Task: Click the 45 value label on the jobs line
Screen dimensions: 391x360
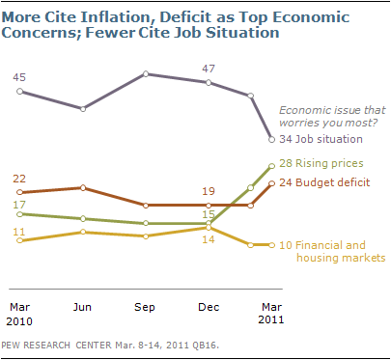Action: (19, 77)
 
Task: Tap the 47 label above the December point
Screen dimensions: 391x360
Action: (209, 69)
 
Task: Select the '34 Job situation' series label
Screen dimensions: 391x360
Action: (321, 139)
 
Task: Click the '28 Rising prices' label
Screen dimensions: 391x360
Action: (321, 163)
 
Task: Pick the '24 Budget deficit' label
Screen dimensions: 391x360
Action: (324, 182)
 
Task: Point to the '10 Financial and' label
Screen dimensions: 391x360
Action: (322, 245)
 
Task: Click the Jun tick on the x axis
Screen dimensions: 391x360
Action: (82, 307)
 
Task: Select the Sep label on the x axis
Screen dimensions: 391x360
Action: (145, 308)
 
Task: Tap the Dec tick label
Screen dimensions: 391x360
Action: (209, 307)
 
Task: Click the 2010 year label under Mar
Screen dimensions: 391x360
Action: (19, 321)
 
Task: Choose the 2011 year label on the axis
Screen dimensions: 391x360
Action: (271, 319)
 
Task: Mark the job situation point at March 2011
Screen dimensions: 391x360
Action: (272, 139)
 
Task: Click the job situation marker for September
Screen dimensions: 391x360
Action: (146, 74)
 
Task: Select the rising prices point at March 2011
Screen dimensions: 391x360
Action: (272, 166)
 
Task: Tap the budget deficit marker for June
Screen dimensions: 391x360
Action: (83, 187)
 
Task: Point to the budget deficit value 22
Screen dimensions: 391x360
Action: (19, 179)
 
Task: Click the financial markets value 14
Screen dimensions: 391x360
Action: (209, 239)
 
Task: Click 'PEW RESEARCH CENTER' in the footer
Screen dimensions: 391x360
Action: (56, 346)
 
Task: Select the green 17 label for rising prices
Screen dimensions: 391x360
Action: (19, 205)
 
